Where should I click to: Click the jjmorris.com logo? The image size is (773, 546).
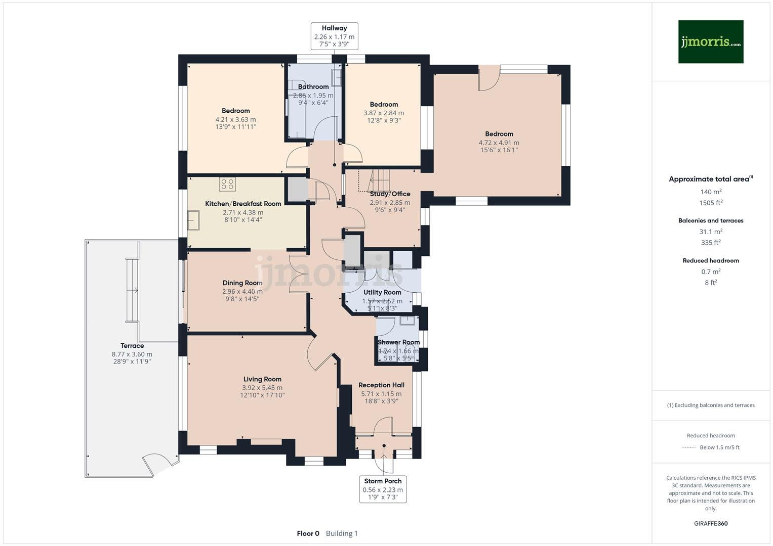[710, 42]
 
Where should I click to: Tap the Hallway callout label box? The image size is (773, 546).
[334, 36]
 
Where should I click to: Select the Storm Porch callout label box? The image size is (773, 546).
[383, 489]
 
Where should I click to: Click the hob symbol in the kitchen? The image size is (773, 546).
[227, 184]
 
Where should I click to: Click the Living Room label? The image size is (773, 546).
[262, 379]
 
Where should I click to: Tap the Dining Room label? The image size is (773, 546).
[242, 283]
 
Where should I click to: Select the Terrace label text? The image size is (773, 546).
[132, 346]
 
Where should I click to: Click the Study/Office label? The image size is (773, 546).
[390, 194]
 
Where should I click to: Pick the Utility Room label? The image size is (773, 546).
[382, 292]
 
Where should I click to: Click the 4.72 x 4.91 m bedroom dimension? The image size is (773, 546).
[499, 143]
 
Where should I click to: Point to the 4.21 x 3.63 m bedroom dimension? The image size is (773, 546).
[235, 120]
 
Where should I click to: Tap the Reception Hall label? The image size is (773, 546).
[381, 385]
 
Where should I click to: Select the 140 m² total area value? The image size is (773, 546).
[711, 192]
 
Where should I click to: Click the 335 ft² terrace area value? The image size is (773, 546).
[711, 243]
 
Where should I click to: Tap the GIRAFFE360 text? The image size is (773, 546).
[711, 523]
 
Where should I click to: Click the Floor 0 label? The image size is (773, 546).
[308, 533]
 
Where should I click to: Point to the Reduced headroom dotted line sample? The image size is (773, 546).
[688, 447]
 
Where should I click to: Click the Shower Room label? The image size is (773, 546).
[398, 342]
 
